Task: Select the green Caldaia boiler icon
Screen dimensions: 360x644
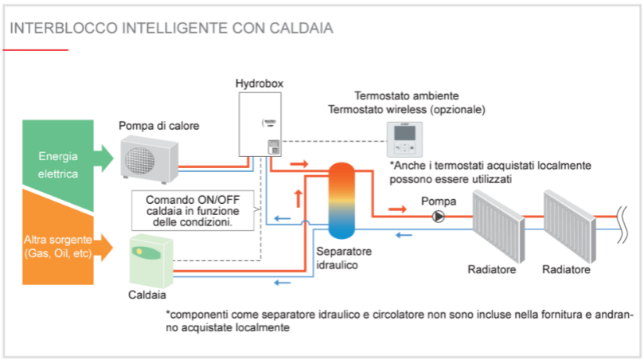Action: click(x=151, y=262)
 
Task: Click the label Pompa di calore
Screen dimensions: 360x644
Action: click(x=159, y=126)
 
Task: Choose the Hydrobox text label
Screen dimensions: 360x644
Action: click(x=260, y=83)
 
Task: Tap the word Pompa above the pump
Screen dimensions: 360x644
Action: click(x=438, y=200)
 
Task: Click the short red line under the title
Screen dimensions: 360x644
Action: click(x=36, y=49)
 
